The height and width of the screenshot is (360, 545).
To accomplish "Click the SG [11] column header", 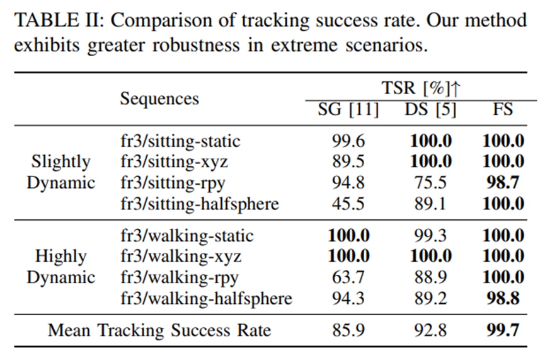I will [x=348, y=110].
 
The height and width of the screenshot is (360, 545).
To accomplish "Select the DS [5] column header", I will [x=430, y=110].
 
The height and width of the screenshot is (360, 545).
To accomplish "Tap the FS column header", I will [x=503, y=110].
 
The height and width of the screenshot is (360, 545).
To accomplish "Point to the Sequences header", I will [x=159, y=99].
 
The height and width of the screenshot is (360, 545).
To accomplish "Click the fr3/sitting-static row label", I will [x=180, y=141].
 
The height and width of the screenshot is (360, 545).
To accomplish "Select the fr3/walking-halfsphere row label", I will [x=206, y=298].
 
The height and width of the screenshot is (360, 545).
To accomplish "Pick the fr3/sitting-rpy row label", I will [x=173, y=183].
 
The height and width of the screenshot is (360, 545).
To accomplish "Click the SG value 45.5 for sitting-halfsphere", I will [x=348, y=204].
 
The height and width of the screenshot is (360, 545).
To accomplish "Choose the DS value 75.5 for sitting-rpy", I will [x=430, y=183].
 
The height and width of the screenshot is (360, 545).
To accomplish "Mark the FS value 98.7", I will [x=503, y=183].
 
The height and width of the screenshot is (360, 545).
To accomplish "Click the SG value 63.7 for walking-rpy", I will [x=348, y=277].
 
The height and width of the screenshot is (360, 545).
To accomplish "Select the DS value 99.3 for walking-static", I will [x=430, y=236].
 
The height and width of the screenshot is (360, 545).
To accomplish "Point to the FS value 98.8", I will [x=503, y=298].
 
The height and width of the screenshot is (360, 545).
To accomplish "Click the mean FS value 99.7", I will [x=503, y=330].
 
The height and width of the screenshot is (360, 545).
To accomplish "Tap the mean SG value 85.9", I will [x=348, y=330].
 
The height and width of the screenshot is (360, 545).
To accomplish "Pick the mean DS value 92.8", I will [x=430, y=330].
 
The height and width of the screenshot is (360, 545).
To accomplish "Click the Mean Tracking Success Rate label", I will [x=159, y=330].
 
